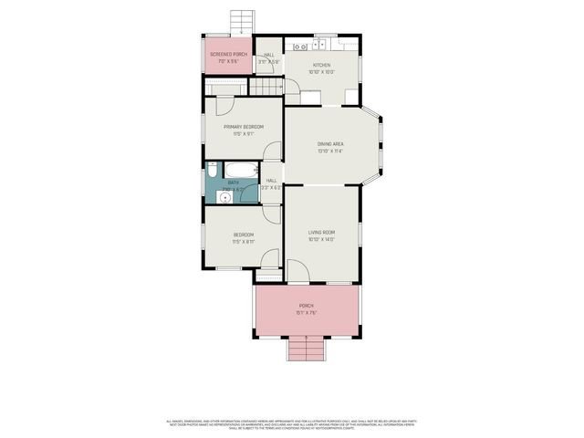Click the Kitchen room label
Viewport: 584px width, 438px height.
click(321, 65)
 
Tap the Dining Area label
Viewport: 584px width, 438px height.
click(330, 144)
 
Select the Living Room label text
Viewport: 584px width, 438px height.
click(321, 233)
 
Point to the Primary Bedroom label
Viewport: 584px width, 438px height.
click(244, 126)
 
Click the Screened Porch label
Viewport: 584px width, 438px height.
click(228, 55)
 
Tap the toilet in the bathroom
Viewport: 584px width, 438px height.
click(212, 171)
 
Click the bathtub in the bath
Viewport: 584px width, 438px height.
click(242, 170)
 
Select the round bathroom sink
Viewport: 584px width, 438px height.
click(225, 196)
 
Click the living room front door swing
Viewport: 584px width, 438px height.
click(298, 270)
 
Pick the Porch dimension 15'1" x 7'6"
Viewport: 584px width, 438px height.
click(306, 313)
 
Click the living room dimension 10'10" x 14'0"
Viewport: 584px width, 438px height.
click(321, 240)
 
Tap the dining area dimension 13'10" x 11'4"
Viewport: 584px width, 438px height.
click(330, 151)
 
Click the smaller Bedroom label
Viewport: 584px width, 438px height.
click(244, 235)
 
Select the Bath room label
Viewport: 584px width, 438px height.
click(233, 182)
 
